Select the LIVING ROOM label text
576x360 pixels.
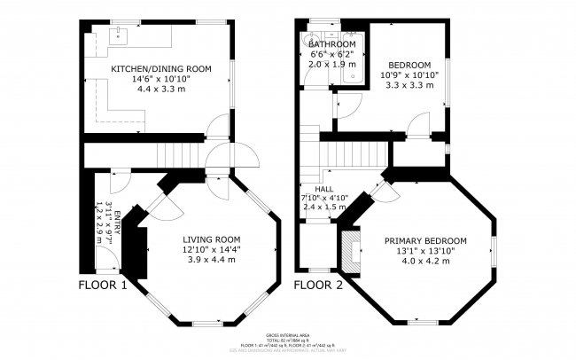click(212, 239)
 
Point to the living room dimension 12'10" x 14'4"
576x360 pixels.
click(212, 250)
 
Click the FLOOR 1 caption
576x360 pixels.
click(104, 286)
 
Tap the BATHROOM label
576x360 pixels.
click(332, 44)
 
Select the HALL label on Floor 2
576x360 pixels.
click(324, 189)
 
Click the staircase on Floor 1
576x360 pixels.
click(174, 156)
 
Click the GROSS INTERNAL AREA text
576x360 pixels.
click(287, 334)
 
